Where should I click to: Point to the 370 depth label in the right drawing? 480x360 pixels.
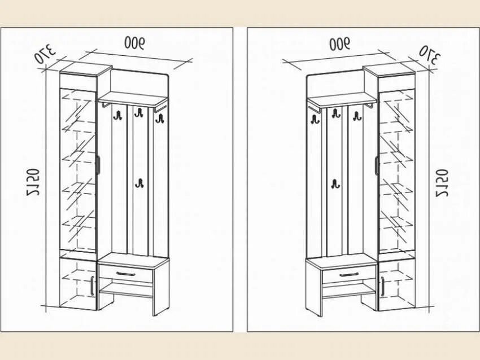click(x=429, y=54)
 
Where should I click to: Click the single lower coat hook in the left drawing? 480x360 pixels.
click(x=139, y=183)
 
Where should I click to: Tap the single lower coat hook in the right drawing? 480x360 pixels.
click(x=335, y=184)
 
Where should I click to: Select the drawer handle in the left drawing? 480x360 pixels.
click(x=125, y=274)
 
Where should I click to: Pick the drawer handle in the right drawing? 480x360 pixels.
click(x=350, y=275)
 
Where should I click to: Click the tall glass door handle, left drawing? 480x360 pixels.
click(x=98, y=164)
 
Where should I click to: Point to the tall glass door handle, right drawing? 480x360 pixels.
click(x=376, y=165)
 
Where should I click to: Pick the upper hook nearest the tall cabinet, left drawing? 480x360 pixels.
click(x=118, y=116)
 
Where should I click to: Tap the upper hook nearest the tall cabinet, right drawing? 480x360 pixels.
click(x=357, y=116)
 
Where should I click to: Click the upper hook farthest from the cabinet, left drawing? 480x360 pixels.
click(x=159, y=118)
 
